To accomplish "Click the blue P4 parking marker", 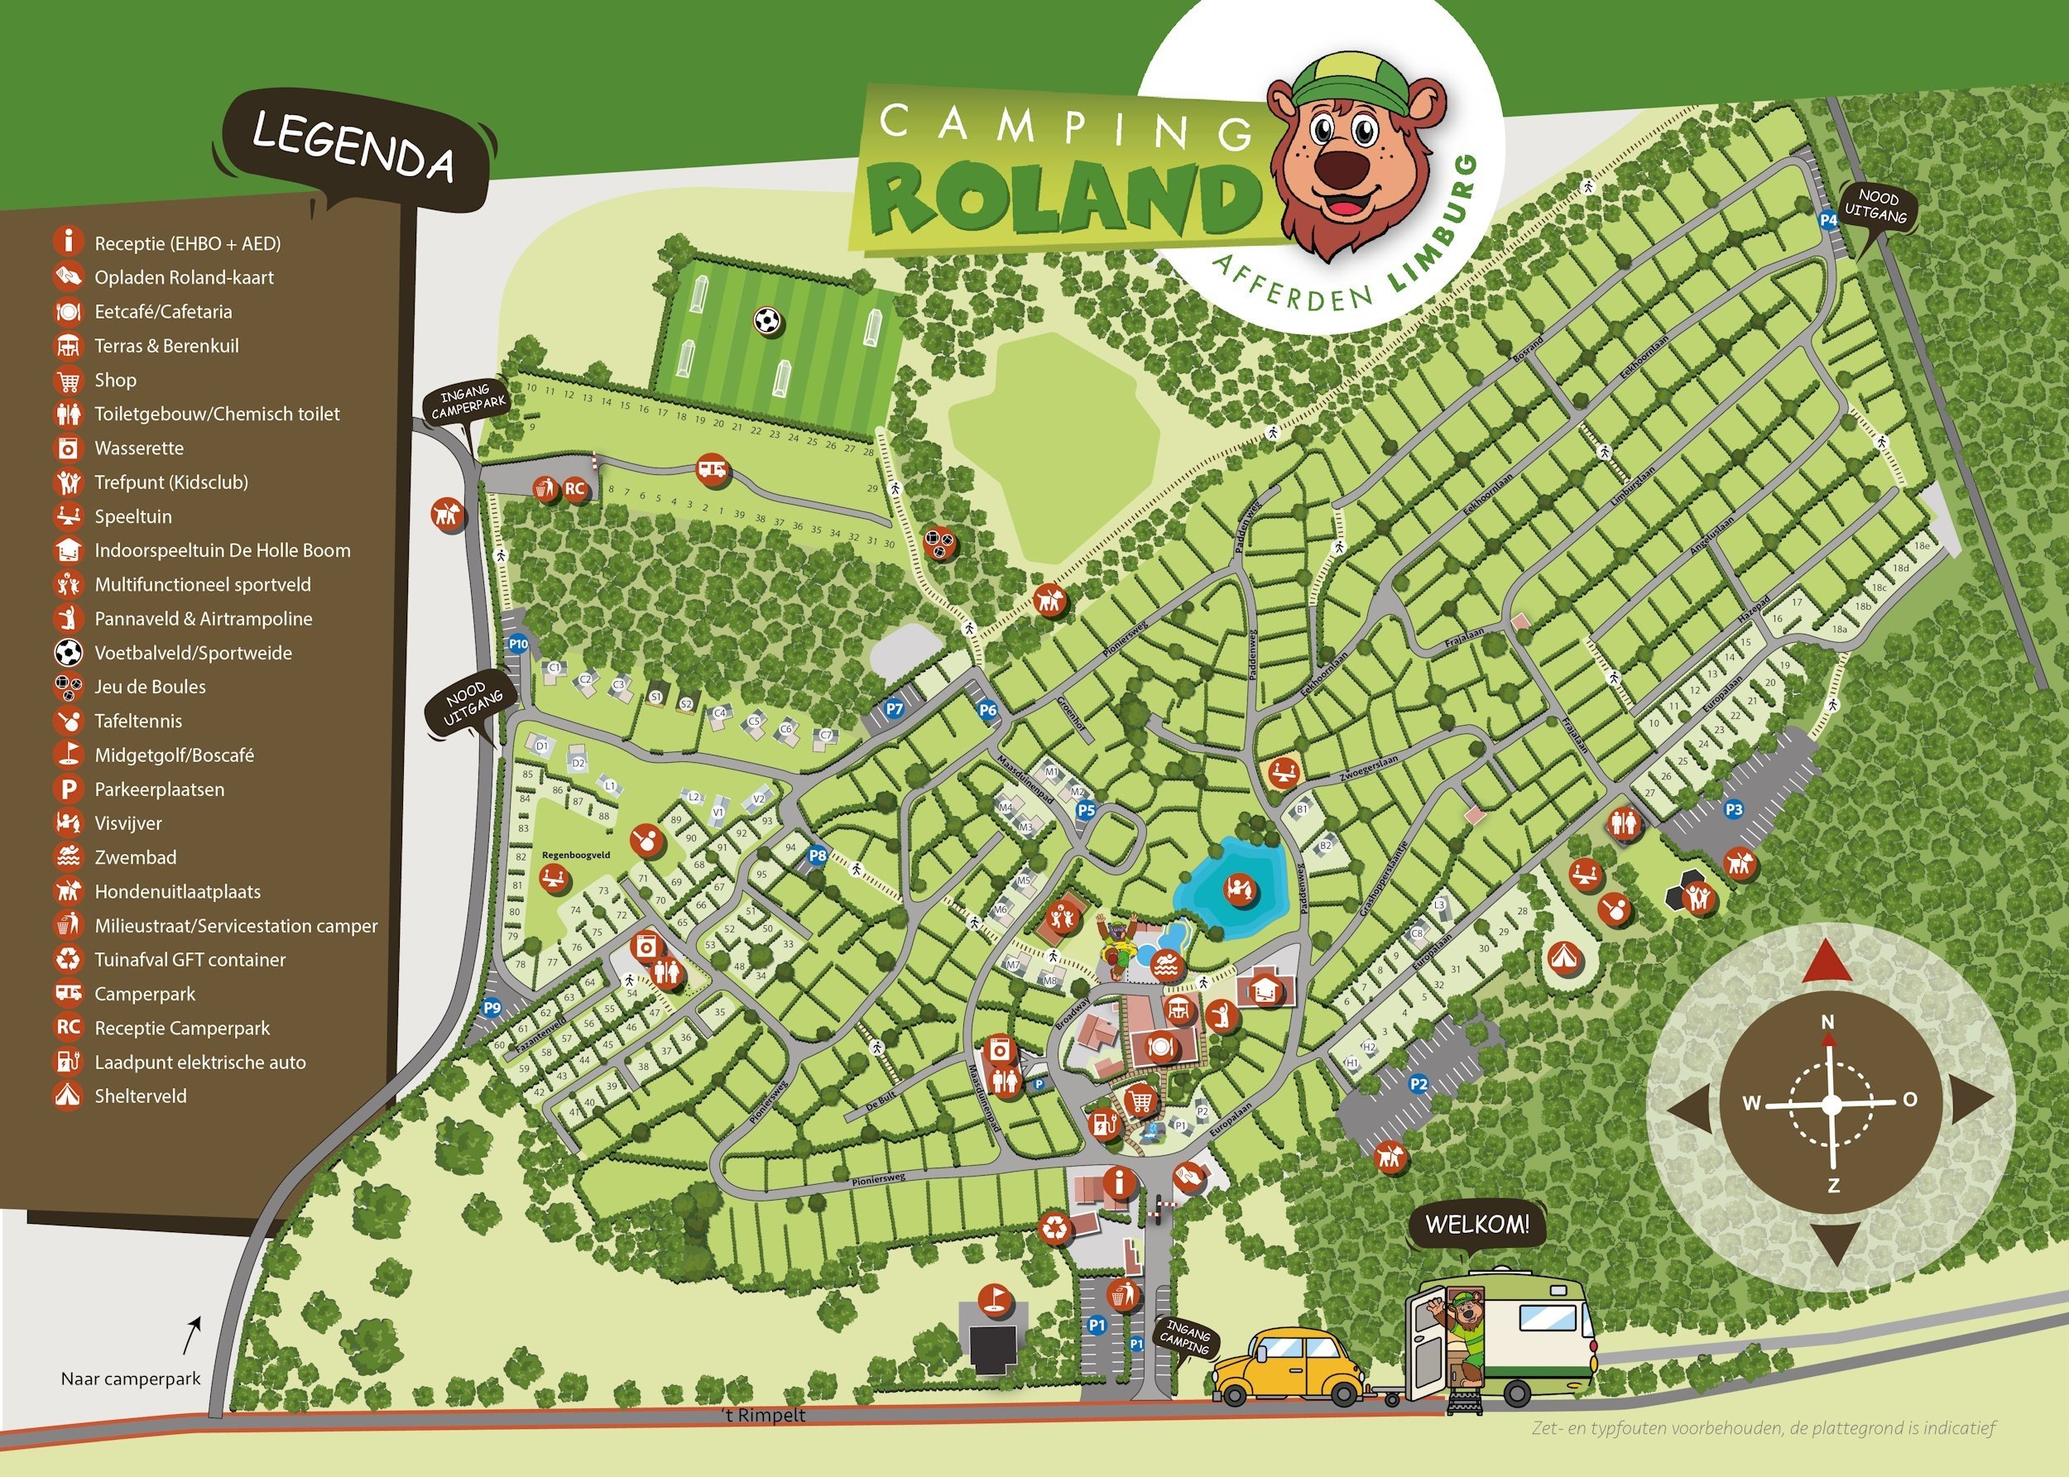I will [x=1828, y=219].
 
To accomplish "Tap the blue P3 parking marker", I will [x=1735, y=808].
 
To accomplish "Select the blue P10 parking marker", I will [x=517, y=644].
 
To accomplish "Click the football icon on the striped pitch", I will [x=767, y=320].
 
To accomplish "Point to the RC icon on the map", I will [x=574, y=488].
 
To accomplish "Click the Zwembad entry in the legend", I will [x=136, y=856].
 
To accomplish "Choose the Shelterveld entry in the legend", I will [x=140, y=1096].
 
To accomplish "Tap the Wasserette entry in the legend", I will [x=138, y=448].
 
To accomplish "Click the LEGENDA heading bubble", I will [x=353, y=146].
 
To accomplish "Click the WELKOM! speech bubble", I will [x=1477, y=1224].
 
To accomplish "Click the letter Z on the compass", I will [x=1833, y=1186].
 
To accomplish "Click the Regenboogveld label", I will [x=576, y=855].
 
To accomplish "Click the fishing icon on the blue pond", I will [x=1239, y=888].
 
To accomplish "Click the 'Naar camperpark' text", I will [x=130, y=1379].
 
